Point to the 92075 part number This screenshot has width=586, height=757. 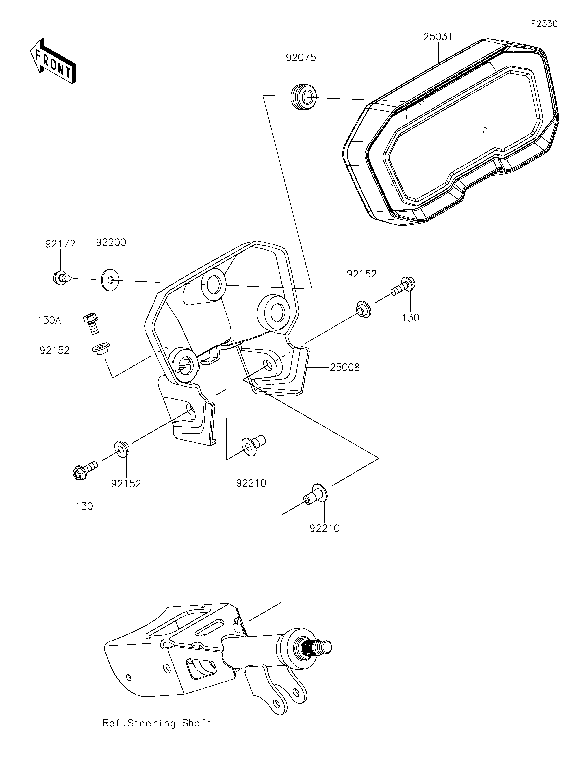(x=301, y=57)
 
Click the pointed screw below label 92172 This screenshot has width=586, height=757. (x=63, y=278)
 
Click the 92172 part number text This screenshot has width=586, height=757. (x=60, y=244)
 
